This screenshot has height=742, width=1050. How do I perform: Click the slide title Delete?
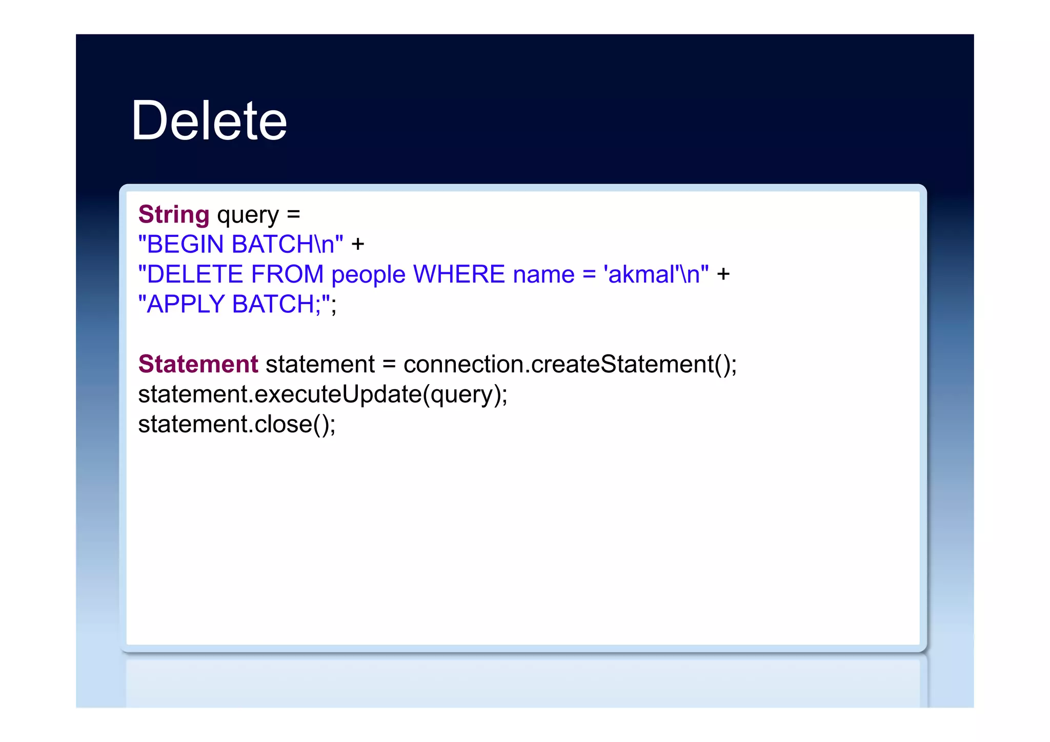click(209, 121)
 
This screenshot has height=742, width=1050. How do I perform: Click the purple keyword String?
click(174, 214)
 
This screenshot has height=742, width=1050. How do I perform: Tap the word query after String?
click(248, 215)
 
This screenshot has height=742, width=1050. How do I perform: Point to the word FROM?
click(287, 274)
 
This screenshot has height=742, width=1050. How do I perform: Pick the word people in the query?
click(368, 275)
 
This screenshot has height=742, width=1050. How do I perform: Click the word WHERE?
click(459, 274)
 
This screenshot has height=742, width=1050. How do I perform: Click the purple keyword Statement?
click(198, 364)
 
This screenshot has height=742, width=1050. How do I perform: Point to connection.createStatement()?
click(570, 364)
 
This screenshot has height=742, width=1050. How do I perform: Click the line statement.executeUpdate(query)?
click(322, 394)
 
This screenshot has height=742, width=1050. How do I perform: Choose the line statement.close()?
click(237, 424)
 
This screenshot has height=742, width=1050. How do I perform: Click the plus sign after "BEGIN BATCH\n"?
click(357, 245)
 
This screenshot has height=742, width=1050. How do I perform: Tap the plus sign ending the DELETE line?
click(723, 274)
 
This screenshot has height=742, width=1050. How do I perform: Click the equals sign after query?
click(293, 215)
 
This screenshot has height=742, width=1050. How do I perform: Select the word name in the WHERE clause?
click(543, 275)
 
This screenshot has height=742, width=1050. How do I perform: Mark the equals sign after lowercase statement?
click(389, 365)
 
